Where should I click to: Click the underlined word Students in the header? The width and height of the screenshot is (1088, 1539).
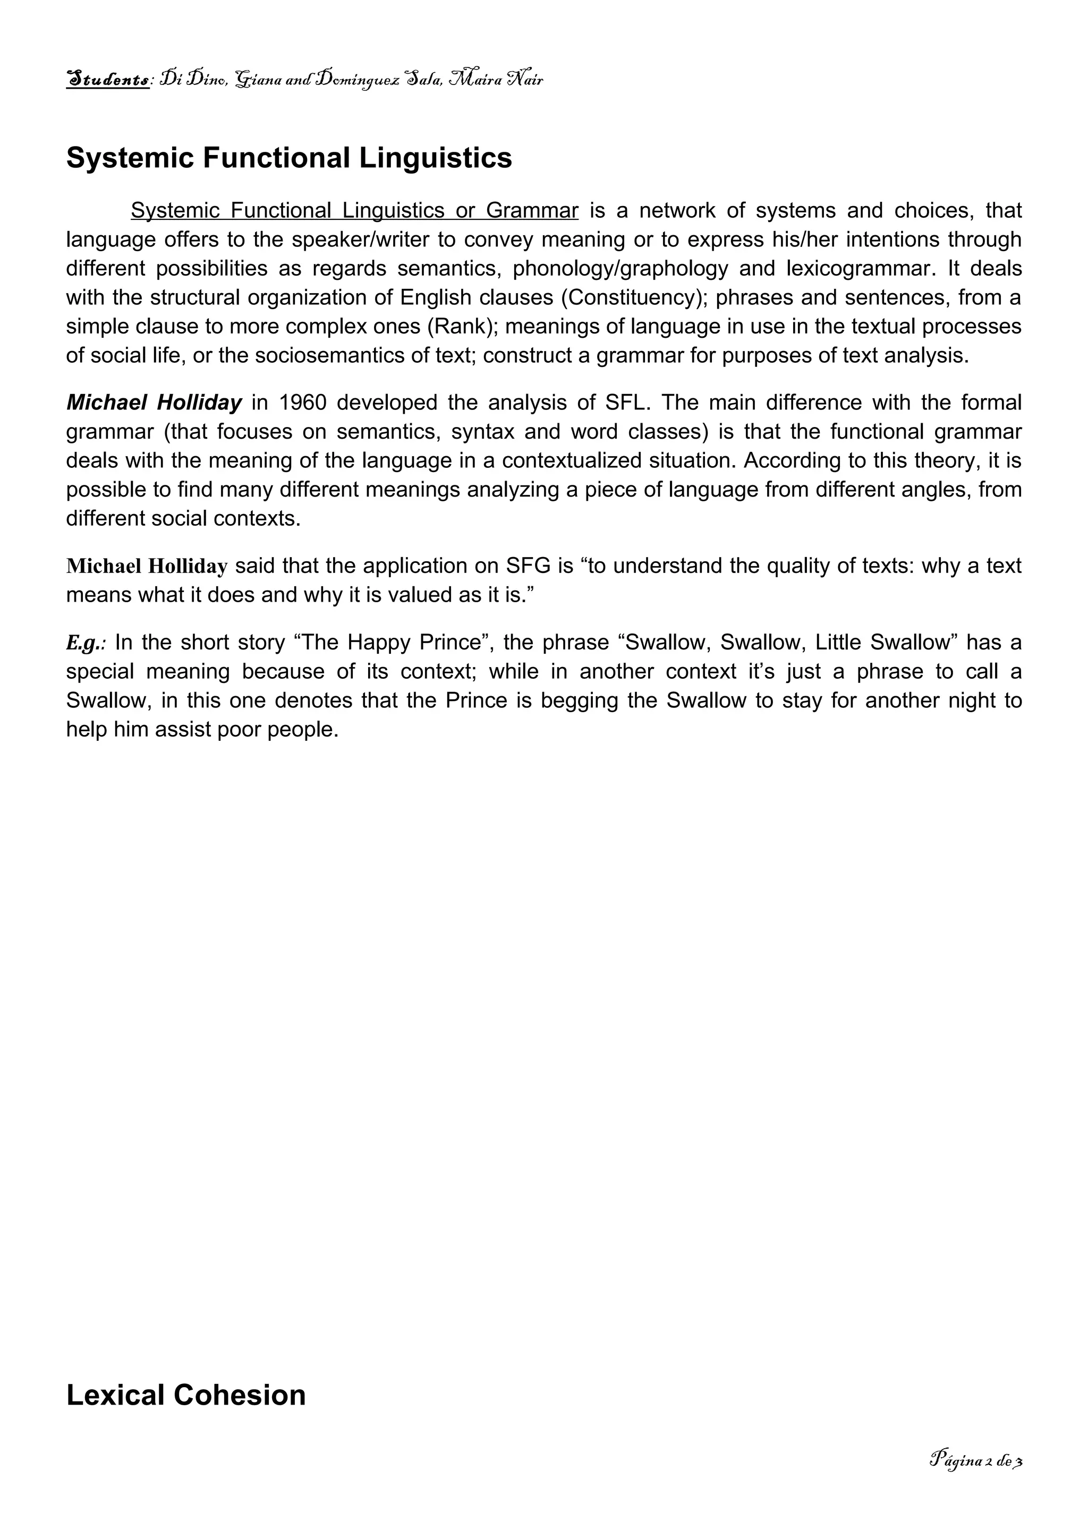[x=107, y=80]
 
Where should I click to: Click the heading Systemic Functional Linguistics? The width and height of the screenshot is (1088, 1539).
[x=289, y=158]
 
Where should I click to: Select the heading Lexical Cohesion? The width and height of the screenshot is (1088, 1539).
[x=186, y=1395]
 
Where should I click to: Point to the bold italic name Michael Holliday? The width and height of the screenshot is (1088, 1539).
[x=154, y=403]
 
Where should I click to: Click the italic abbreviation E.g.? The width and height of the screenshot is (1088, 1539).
[x=86, y=643]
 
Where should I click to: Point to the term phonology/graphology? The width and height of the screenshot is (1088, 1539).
[x=620, y=269]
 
